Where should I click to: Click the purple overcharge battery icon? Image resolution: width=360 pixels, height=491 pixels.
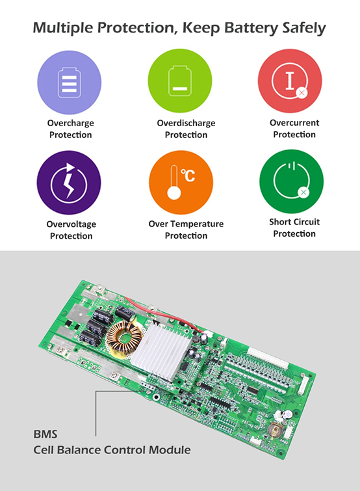coord(69,83)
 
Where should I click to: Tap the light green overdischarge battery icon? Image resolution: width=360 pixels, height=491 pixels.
coord(180,81)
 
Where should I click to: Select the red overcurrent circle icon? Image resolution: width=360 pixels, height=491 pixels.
coord(290,81)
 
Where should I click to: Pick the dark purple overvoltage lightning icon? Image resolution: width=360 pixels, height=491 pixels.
coord(69,183)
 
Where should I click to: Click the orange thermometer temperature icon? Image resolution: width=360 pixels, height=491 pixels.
coord(181,183)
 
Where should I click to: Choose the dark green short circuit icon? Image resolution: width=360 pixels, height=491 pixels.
coord(292,181)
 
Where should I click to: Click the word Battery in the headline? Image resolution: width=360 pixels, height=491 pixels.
coord(251,28)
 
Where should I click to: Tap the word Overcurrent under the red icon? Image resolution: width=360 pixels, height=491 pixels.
coord(294,123)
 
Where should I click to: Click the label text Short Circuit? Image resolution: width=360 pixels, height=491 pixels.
coord(294,222)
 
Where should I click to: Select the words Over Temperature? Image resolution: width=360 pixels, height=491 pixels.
coord(186,224)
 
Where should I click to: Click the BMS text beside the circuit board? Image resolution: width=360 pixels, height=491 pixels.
coord(45,434)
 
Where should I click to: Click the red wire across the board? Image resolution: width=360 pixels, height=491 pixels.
coord(163,313)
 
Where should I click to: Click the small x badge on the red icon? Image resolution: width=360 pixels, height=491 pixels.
coord(302,93)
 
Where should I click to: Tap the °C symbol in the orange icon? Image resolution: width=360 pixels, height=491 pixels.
coord(188,176)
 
